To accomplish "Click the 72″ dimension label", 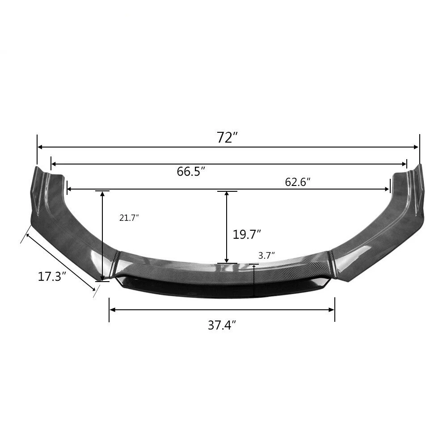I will [x=227, y=138].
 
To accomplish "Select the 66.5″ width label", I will [x=191, y=171].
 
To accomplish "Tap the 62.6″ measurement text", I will [x=298, y=182].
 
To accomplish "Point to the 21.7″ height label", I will [x=129, y=218].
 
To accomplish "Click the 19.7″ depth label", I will [x=247, y=234].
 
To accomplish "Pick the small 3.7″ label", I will [x=266, y=255].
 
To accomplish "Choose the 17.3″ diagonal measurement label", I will [x=52, y=276].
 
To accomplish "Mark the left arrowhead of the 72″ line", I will [x=40, y=147].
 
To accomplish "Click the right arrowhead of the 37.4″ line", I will [x=332, y=309].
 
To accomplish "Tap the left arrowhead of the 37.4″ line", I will [x=112, y=309].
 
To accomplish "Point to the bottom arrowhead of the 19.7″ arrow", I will [x=227, y=261].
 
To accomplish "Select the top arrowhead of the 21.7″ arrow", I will [x=102, y=194].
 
